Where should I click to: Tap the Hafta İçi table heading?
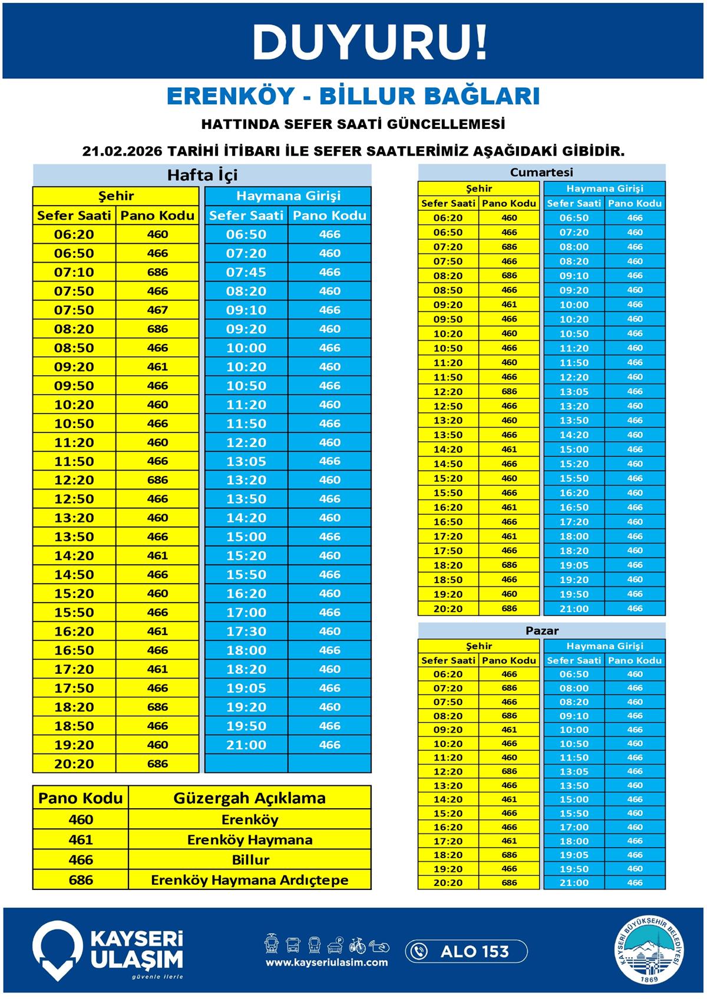[x=202, y=175]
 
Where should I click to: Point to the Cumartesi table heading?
[x=541, y=173]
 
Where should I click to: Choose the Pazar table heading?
[x=541, y=630]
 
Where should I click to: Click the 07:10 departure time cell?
[x=74, y=272]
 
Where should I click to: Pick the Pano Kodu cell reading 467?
[x=157, y=310]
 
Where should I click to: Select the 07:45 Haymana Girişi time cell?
[x=246, y=272]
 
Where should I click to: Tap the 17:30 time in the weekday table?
[x=246, y=631]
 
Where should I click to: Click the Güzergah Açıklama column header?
[x=249, y=798]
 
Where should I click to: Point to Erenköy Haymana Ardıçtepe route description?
[x=249, y=879]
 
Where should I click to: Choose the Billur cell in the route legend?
[x=250, y=859]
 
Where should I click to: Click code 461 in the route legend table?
[x=81, y=839]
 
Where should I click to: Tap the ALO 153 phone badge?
[x=465, y=951]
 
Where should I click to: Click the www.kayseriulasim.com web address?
[x=326, y=962]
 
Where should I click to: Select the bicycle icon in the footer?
[x=357, y=945]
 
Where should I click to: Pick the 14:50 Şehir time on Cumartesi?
[x=448, y=464]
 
